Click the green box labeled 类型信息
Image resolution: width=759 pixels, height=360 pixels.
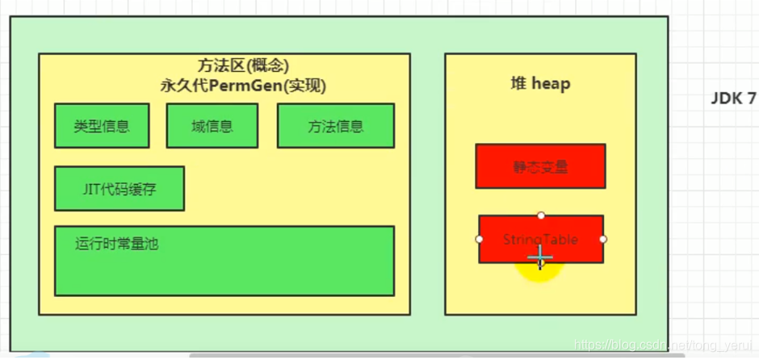pos(101,126)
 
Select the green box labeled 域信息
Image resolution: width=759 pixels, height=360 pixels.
pos(212,126)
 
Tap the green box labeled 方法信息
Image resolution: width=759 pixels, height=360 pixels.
pos(335,126)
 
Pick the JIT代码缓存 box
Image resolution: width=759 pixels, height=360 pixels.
pos(119,189)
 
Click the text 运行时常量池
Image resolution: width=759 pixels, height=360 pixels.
pos(116,243)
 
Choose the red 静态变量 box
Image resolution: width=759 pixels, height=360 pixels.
pos(540,166)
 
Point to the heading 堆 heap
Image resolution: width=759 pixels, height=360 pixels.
pos(540,83)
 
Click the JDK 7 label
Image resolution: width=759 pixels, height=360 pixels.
pos(733,98)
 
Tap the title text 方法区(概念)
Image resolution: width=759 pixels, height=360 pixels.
pos(243,65)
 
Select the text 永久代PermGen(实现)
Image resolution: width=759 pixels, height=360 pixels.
pos(243,85)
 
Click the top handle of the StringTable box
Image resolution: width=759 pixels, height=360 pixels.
pos(541,216)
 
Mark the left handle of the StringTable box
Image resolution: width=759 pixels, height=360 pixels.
pos(480,239)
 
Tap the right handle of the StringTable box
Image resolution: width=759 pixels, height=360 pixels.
pos(603,239)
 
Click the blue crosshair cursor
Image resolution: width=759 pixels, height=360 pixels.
pos(539,257)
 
